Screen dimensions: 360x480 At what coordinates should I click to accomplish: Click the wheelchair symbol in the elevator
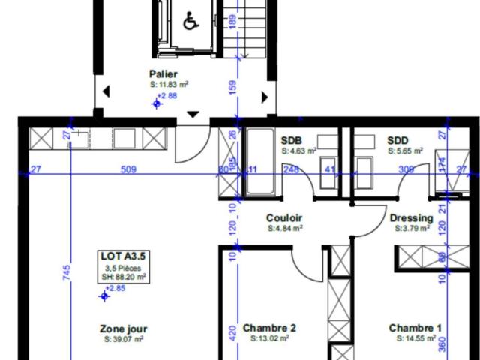[x=190, y=22]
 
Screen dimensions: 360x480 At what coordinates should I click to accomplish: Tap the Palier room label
[x=163, y=74]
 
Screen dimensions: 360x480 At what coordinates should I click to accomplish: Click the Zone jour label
[x=124, y=328]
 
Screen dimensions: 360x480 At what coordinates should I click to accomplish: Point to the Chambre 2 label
[x=269, y=328]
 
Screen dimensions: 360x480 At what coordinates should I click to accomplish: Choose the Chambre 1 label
[x=414, y=328]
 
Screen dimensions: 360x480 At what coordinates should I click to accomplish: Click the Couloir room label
[x=284, y=218]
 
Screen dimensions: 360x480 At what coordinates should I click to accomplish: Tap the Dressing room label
[x=411, y=218]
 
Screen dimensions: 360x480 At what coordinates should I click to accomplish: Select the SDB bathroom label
[x=292, y=140]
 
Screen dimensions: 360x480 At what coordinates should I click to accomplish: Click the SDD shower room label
[x=397, y=140]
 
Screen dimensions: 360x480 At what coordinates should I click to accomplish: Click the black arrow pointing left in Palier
[x=106, y=92]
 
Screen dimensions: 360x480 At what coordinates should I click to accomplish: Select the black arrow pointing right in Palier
[x=264, y=96]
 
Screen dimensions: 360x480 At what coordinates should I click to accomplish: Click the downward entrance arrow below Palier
[x=193, y=114]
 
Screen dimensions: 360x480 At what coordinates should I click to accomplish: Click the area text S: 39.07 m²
[x=124, y=340]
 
